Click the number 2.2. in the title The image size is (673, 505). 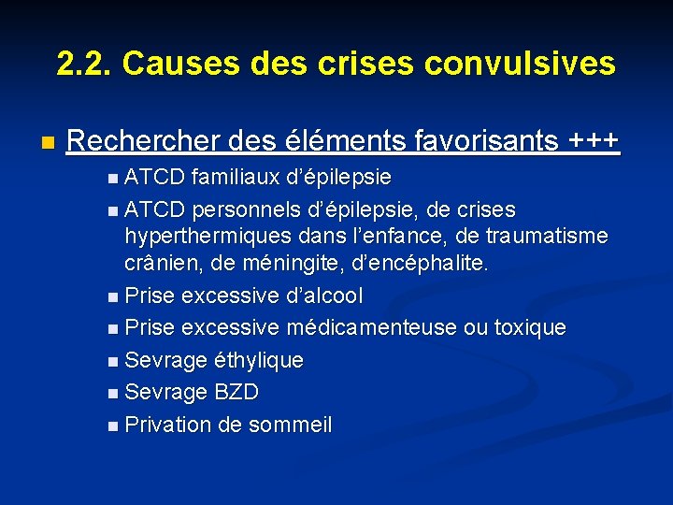pyautogui.click(x=83, y=64)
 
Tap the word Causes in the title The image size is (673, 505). pyautogui.click(x=165, y=64)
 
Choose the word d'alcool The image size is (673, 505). pyautogui.click(x=324, y=296)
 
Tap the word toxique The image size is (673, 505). pyautogui.click(x=530, y=328)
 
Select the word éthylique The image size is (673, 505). pyautogui.click(x=259, y=360)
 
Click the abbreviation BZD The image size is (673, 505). pyautogui.click(x=236, y=392)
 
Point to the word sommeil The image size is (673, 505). pyautogui.click(x=290, y=425)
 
